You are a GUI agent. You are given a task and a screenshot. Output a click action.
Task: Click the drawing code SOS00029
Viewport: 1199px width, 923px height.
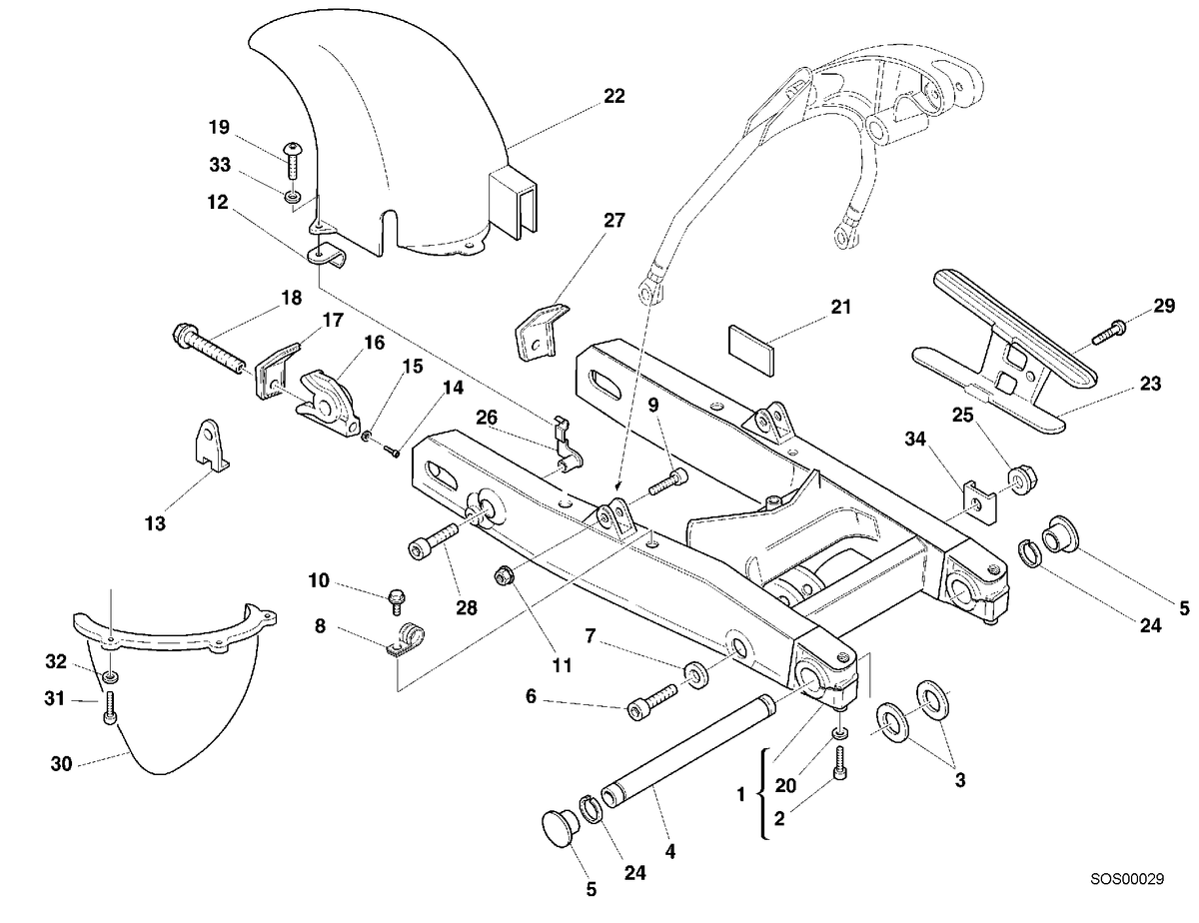click(x=1127, y=878)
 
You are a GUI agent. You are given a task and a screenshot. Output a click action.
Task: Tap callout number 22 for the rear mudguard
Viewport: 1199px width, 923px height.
click(x=614, y=96)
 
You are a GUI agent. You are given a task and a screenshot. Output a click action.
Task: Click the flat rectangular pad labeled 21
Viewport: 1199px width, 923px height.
click(x=750, y=351)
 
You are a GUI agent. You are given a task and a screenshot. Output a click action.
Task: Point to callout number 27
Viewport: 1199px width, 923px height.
click(x=614, y=221)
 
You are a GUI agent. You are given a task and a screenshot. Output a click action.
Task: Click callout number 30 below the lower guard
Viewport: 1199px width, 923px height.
click(x=61, y=763)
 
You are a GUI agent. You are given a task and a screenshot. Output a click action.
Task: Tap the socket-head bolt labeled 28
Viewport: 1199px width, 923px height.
click(x=434, y=540)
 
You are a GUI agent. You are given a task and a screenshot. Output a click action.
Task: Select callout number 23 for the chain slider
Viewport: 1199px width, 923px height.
click(x=1150, y=384)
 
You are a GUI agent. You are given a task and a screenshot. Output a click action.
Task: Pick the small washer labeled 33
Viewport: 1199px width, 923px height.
click(x=293, y=197)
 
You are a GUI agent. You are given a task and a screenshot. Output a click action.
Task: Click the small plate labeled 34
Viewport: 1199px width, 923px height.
click(x=979, y=502)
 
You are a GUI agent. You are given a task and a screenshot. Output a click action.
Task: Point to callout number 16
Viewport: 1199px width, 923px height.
click(x=374, y=343)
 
